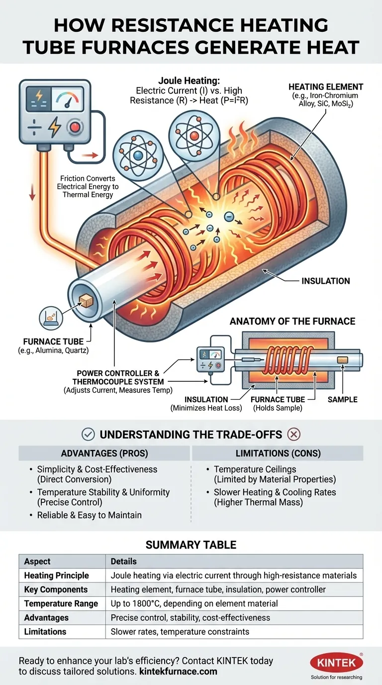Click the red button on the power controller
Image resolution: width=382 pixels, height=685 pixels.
click(75, 127)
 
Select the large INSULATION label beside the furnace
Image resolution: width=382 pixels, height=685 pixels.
click(325, 281)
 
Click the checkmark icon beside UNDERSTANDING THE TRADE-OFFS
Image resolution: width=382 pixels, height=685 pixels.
click(88, 434)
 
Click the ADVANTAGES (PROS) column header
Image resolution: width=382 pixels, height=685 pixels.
click(104, 453)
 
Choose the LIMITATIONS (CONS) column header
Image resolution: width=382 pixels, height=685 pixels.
click(277, 453)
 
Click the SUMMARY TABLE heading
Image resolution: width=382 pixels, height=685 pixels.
click(191, 545)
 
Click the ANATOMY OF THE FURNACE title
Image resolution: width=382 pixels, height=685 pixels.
click(292, 321)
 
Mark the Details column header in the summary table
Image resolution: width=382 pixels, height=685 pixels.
click(123, 561)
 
